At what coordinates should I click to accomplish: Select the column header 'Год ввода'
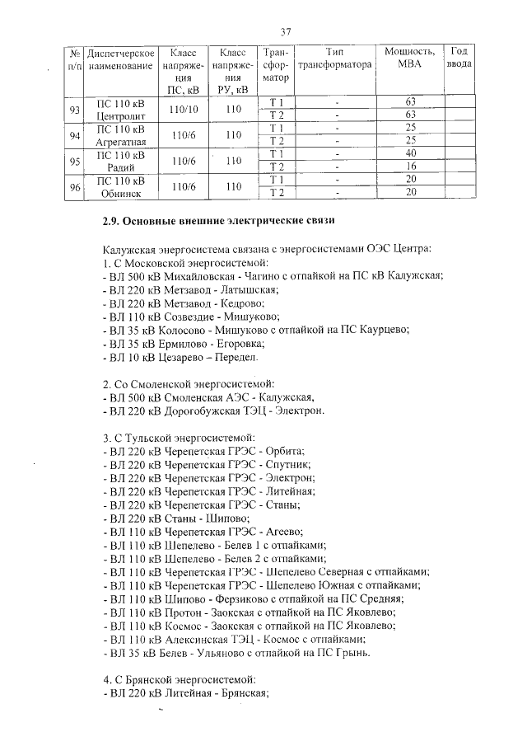459,58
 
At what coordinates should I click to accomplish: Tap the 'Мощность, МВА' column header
409,58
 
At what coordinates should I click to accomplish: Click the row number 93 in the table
74,108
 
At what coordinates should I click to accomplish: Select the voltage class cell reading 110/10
180,108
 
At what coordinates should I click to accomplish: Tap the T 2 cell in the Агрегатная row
276,140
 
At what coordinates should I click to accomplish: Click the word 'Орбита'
282,451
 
